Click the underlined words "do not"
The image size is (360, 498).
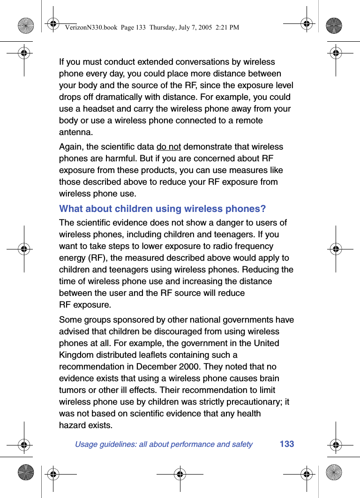[168, 147]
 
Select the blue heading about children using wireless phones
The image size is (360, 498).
[162, 209]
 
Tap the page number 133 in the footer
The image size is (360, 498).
[287, 444]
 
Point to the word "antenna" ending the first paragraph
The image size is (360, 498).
[75, 132]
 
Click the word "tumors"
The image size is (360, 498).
[73, 390]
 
